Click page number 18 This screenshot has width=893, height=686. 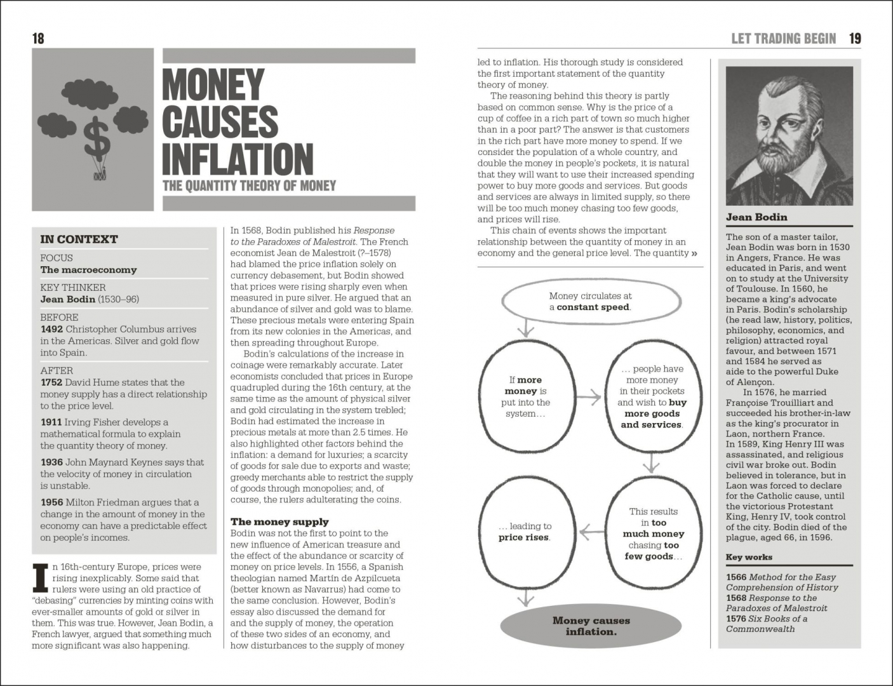coord(38,39)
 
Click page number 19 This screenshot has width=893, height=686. coord(855,39)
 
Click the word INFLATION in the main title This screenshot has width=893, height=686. coord(238,159)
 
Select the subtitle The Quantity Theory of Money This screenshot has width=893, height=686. coord(249,186)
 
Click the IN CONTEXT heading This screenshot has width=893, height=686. coord(79,239)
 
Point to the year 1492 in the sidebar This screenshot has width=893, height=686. coord(51,329)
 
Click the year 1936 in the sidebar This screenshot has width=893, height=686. coord(51,462)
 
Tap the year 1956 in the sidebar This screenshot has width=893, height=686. coord(51,502)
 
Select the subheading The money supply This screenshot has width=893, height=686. coord(279,521)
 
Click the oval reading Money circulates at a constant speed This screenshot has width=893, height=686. coord(590,302)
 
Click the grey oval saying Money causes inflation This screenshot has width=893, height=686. coord(591,626)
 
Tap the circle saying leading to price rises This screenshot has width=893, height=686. coord(525,531)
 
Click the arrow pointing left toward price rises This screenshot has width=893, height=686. coord(591,531)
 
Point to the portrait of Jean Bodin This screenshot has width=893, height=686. coord(789,136)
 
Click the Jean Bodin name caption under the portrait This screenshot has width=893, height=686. coord(756,217)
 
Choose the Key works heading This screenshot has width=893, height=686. coord(749,557)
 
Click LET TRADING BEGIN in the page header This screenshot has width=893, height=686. coord(783,39)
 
